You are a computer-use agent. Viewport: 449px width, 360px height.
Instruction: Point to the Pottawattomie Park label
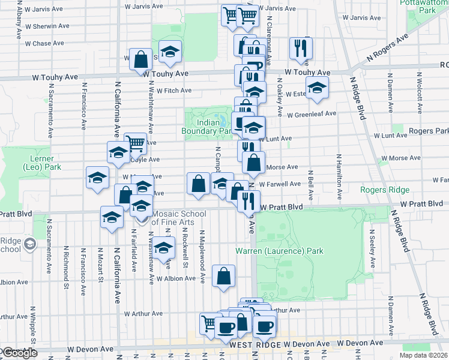[x=427, y=7]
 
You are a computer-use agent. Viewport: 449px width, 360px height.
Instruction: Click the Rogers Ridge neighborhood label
[x=385, y=190]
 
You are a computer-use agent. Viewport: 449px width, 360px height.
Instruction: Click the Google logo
[x=19, y=353]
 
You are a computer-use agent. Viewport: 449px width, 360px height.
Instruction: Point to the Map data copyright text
[x=424, y=355]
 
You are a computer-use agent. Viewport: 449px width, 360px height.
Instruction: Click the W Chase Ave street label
[x=44, y=44]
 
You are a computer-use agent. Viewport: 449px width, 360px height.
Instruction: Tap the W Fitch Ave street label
[x=169, y=91]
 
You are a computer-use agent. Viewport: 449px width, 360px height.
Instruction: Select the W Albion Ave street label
[x=176, y=278]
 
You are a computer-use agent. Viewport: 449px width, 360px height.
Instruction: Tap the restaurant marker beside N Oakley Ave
[x=301, y=49]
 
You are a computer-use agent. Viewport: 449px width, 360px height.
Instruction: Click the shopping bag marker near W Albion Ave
[x=223, y=276]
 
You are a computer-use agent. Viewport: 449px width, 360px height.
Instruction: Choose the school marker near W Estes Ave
[x=317, y=88]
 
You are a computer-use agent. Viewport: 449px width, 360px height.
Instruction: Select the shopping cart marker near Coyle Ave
[x=136, y=143]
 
